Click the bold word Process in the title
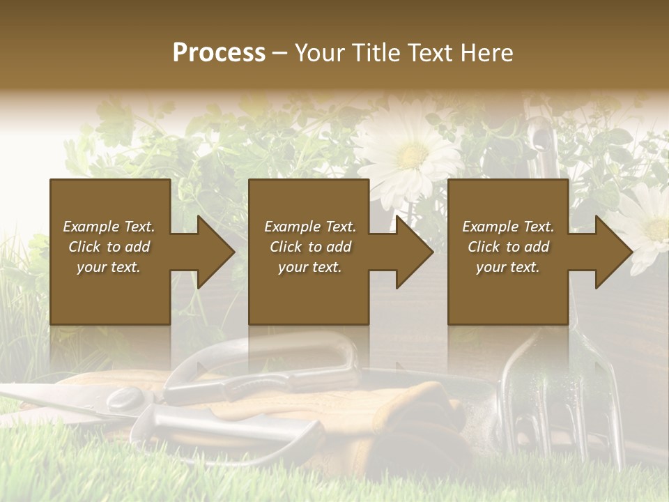(219, 52)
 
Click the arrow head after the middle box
(414, 252)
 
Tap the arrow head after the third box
(613, 252)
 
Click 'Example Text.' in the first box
(109, 227)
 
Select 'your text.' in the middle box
(309, 267)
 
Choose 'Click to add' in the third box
(509, 247)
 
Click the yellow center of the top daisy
(412, 154)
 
